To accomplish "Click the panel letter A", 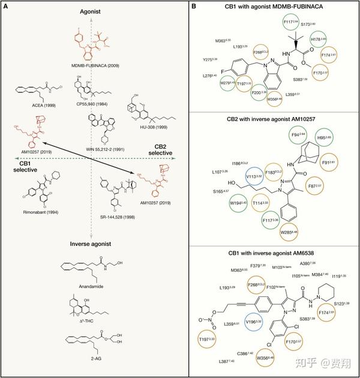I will pyautogui.click(x=7, y=6).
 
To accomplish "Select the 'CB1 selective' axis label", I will pyautogui.click(x=21, y=165).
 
